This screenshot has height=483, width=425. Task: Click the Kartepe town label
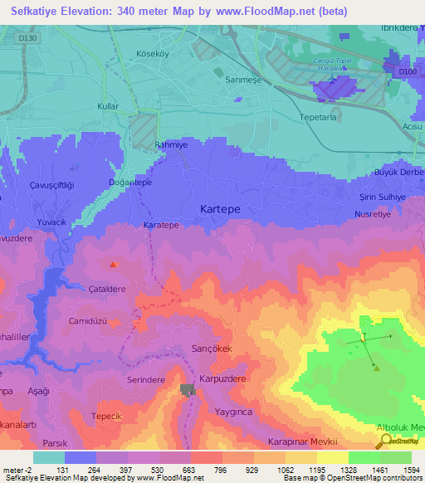tap(223, 210)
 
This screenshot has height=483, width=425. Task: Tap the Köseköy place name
tap(153, 54)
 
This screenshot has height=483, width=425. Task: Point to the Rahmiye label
tap(173, 146)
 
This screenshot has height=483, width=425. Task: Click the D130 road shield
tap(29, 37)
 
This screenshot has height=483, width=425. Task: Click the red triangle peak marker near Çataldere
tap(114, 265)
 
